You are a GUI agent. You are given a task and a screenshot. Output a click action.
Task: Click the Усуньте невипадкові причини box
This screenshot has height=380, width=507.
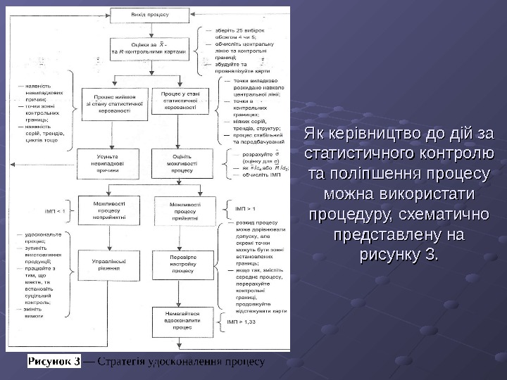pos(108,162)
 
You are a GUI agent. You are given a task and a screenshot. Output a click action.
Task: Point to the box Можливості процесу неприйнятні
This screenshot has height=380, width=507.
pos(108,209)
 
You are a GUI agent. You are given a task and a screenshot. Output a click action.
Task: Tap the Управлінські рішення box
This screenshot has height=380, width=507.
pos(108,264)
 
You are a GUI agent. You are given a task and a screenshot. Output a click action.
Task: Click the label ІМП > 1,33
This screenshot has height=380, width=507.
pos(242,321)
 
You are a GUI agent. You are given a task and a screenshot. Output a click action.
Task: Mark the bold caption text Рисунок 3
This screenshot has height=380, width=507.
pos(54,362)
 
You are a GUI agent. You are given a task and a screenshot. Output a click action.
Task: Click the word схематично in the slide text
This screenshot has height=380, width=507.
pos(441,213)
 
